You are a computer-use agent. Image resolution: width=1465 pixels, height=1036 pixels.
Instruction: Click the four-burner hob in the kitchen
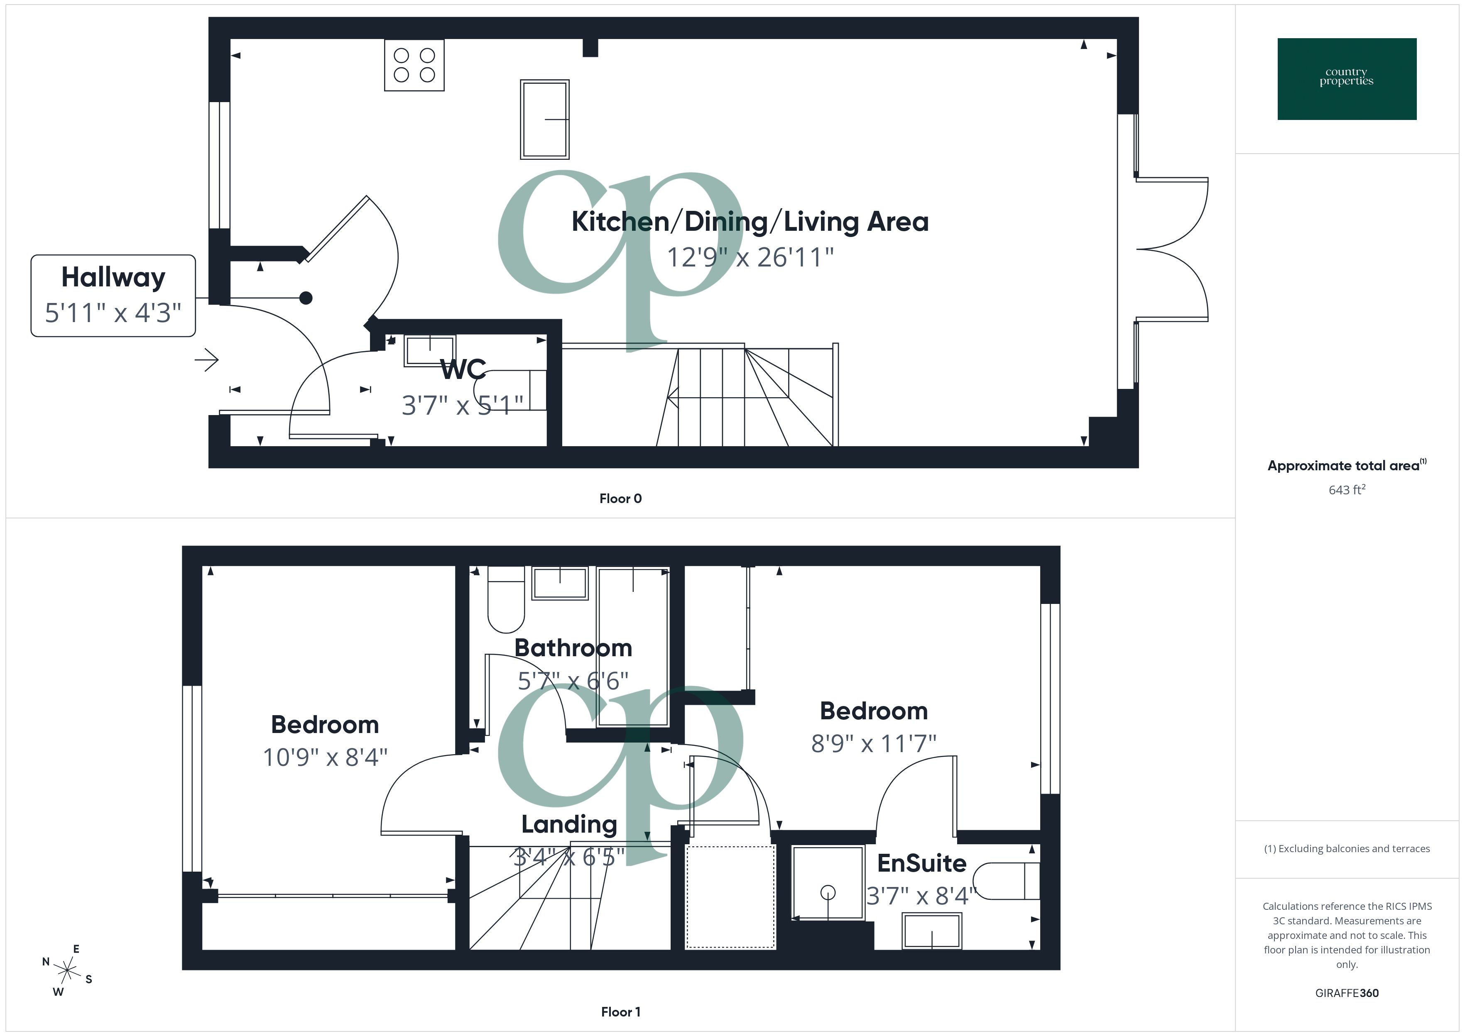tap(414, 65)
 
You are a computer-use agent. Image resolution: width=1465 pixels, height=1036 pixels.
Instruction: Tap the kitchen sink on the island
tap(544, 119)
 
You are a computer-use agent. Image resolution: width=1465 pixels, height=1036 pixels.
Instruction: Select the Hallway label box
tap(113, 296)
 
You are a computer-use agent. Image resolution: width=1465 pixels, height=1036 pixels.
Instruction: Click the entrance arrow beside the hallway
tap(207, 360)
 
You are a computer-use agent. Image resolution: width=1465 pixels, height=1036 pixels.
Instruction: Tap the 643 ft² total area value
tap(1346, 490)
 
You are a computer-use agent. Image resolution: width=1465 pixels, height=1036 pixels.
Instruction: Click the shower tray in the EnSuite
tap(828, 883)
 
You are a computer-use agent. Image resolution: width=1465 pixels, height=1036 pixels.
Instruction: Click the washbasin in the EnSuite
tap(931, 931)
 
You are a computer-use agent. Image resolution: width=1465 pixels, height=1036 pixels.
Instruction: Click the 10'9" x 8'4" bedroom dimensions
tap(325, 757)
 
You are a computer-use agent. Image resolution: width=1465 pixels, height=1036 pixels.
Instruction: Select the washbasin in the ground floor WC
tap(429, 350)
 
